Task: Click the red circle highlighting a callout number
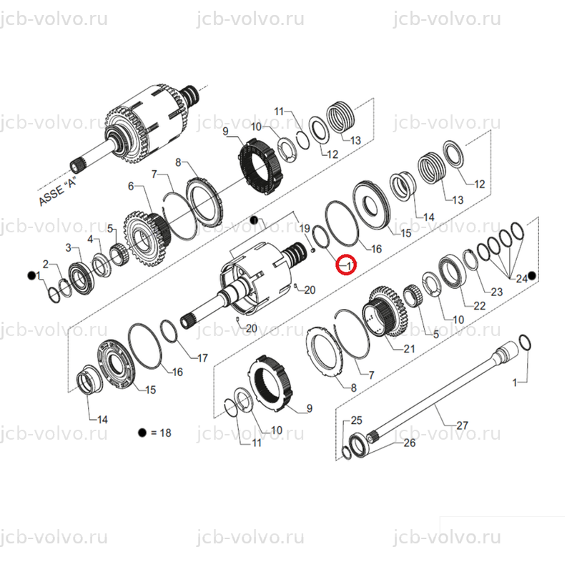coord(346,265)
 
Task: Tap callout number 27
coord(462,425)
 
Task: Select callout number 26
coord(409,443)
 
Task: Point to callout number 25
coord(356,420)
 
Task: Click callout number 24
coord(522,279)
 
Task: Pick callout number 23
coord(496,292)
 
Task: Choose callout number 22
coord(479,306)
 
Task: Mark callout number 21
coord(409,349)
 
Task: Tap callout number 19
coord(305,229)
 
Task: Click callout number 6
coord(131,187)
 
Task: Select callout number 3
coord(68,247)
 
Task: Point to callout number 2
coord(46,264)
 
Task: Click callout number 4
coord(91,240)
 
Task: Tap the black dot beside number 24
coord(532,276)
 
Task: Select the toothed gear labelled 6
coord(146,239)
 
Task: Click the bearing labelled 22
coord(453,270)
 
